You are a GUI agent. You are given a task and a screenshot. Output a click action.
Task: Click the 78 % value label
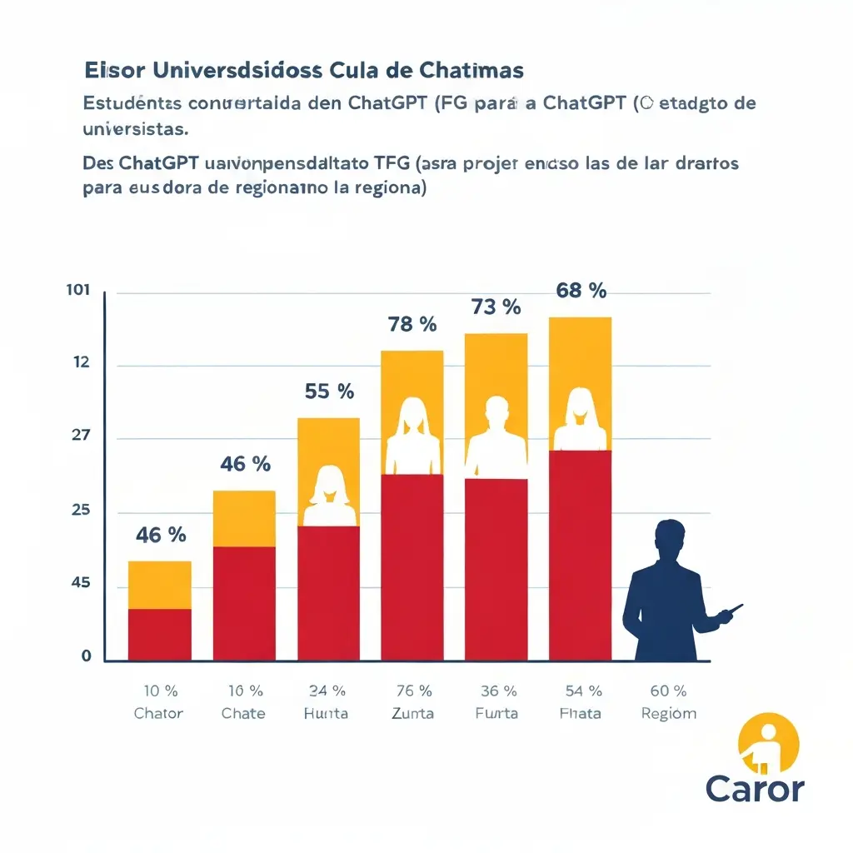(412, 325)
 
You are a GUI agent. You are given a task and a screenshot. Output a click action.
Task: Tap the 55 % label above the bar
(328, 391)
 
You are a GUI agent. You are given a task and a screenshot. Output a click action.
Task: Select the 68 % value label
(581, 291)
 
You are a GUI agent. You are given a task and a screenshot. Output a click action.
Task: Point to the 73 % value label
(496, 307)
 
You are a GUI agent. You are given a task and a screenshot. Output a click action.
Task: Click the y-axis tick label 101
(77, 291)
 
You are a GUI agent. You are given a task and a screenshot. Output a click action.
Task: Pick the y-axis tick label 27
(80, 436)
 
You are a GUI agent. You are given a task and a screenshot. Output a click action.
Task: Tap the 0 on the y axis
(86, 656)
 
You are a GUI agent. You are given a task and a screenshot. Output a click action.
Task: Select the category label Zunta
(412, 713)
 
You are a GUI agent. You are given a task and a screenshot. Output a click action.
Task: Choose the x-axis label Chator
(158, 713)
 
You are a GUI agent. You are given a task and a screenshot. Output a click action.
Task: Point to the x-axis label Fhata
(581, 713)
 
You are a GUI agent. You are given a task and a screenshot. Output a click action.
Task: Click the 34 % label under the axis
(327, 691)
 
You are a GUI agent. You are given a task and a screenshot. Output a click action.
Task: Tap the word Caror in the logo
(755, 788)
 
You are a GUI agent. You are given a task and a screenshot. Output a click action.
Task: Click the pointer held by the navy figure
(730, 612)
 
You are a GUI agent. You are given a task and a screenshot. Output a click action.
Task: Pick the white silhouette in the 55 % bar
(328, 497)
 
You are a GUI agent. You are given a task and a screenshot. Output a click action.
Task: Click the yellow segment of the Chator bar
(159, 585)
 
